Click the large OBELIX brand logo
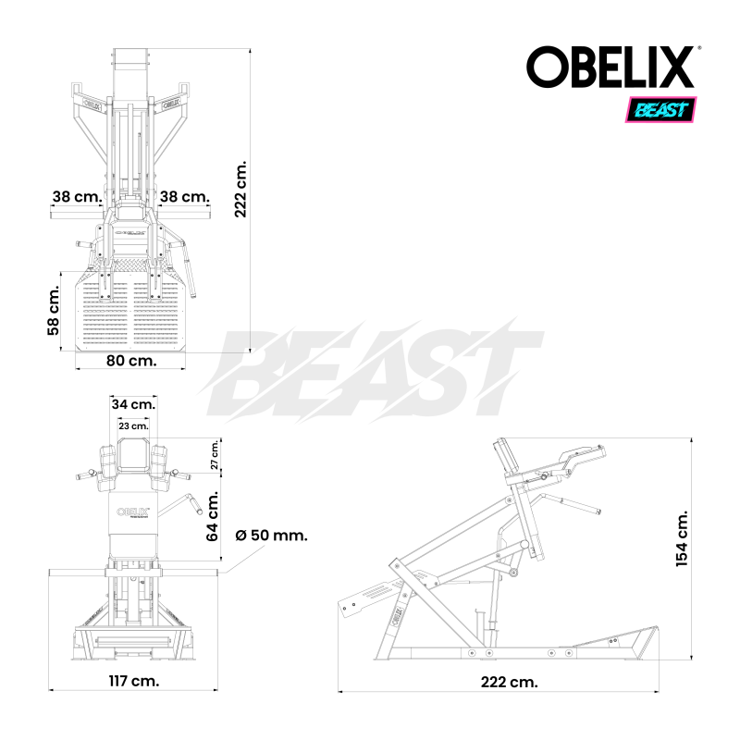610,68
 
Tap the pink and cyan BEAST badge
661,110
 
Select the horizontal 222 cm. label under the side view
510,682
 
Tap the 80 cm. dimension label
129,360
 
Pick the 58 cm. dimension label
54,310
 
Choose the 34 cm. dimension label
133,404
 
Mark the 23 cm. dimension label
133,426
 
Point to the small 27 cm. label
215,456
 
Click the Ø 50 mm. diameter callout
271,536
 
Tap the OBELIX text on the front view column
133,512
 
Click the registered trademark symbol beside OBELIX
698,49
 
